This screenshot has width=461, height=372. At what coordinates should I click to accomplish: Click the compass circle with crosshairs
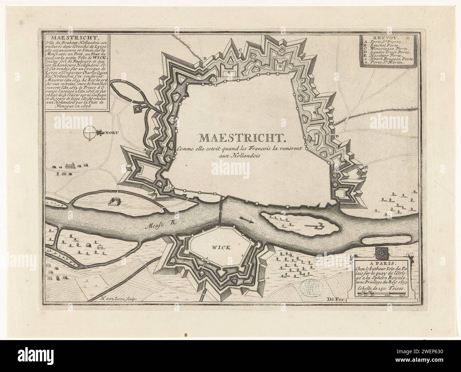click(90, 133)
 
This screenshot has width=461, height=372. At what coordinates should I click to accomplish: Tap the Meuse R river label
click(155, 224)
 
